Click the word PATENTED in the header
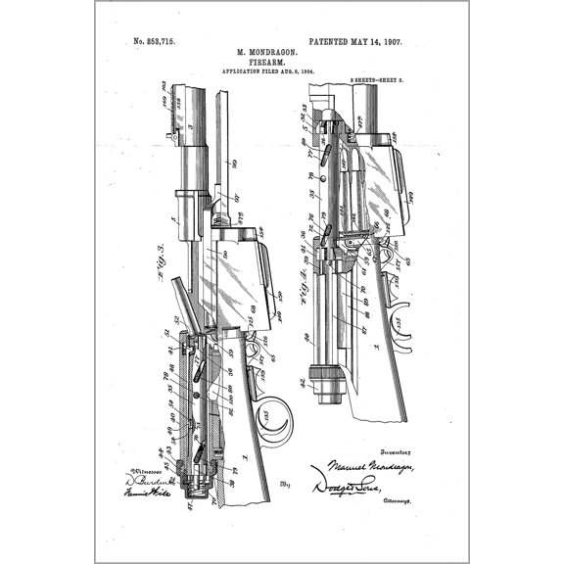coord(335,42)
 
